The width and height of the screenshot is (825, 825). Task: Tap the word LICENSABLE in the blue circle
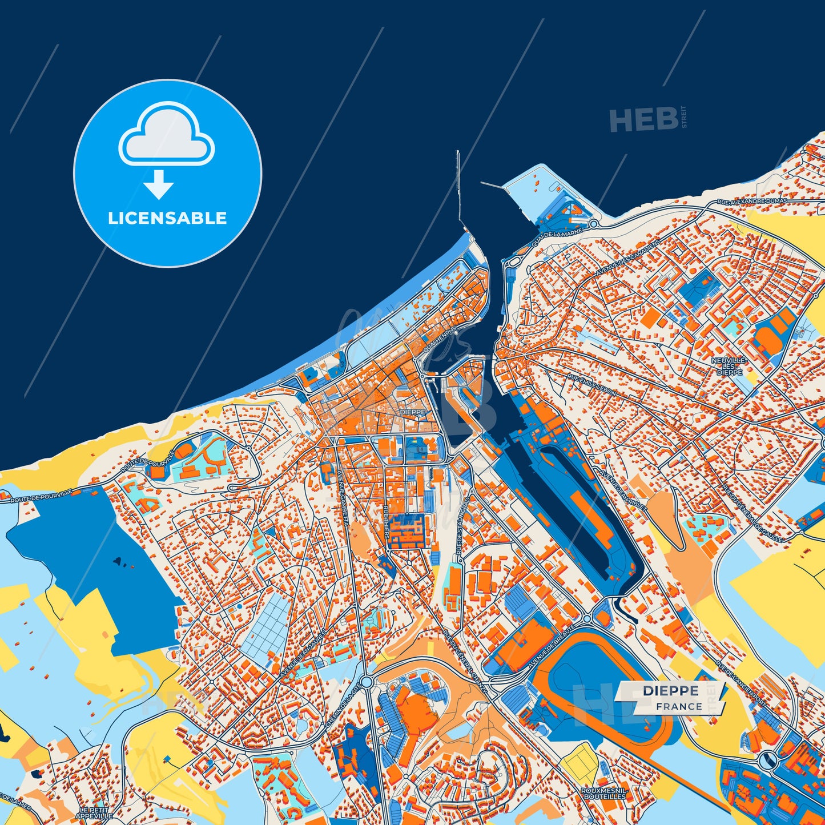click(167, 218)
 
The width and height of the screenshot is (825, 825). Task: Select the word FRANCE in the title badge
click(679, 706)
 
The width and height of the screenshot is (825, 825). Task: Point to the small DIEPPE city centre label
click(412, 412)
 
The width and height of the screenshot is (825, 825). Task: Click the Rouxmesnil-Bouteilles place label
click(604, 793)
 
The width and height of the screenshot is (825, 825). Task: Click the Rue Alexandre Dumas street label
click(752, 202)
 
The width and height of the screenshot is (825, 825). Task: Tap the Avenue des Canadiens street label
click(627, 257)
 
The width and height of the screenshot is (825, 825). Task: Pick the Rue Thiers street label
click(387, 521)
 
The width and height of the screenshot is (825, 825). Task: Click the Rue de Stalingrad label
click(463, 526)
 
